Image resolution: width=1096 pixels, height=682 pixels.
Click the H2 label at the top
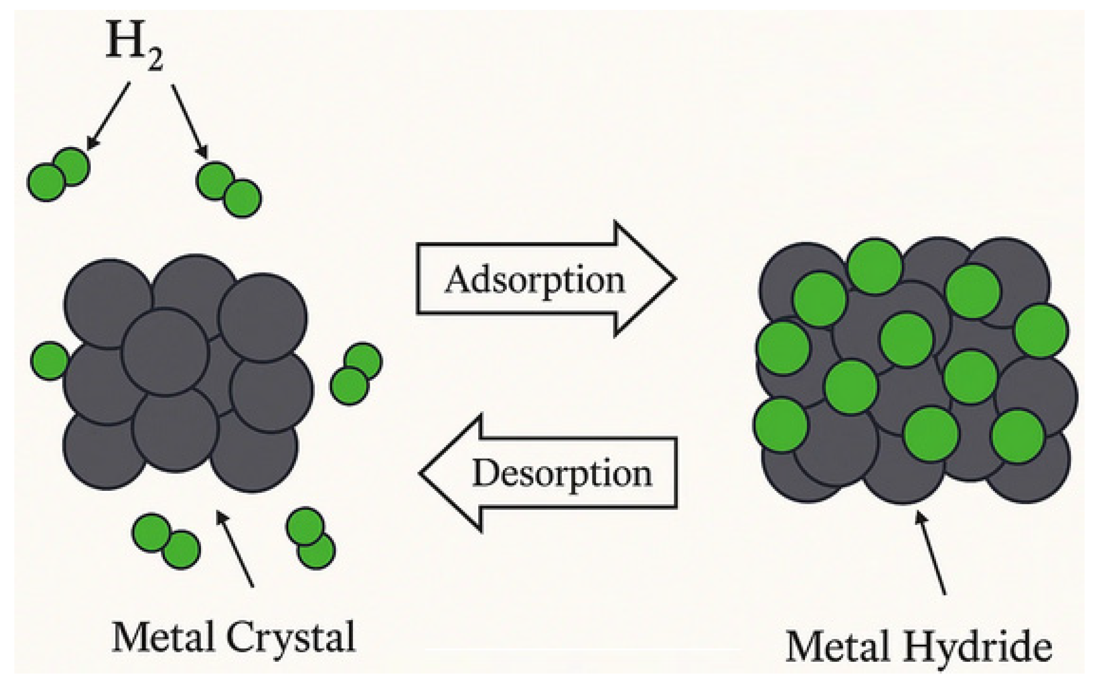(x=134, y=48)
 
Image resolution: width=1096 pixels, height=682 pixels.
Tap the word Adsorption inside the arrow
(x=535, y=281)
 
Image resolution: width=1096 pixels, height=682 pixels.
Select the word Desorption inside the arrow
(x=562, y=473)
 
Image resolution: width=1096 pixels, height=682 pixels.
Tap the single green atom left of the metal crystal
(x=50, y=361)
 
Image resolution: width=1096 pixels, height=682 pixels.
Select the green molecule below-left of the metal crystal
(x=166, y=541)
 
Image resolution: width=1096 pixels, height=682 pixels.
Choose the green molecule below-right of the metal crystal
(x=310, y=538)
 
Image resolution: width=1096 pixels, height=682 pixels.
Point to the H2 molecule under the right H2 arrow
(x=229, y=190)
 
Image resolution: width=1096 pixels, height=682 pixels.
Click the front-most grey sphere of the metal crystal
(x=165, y=351)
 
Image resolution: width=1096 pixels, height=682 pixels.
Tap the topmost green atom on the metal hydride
(x=874, y=266)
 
